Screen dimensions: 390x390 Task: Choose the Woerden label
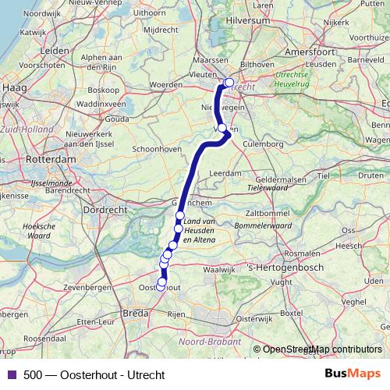pyautogui.click(x=165, y=83)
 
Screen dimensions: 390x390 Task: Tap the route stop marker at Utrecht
pyautogui.click(x=229, y=83)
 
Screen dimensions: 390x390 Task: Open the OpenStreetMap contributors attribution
pyautogui.click(x=321, y=349)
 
